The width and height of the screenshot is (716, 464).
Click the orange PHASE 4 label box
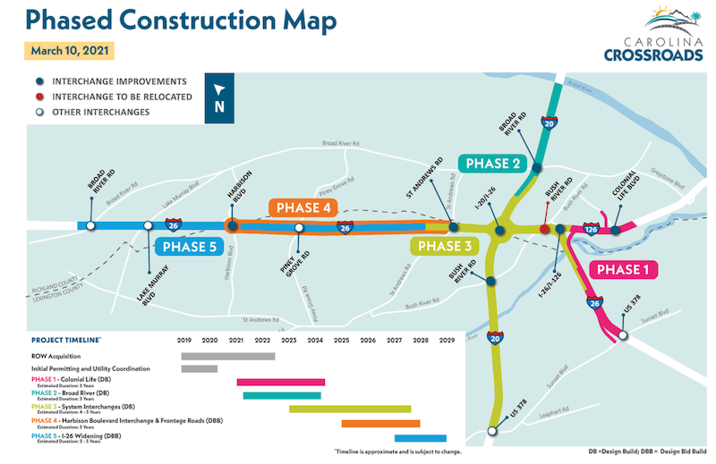[x=303, y=208]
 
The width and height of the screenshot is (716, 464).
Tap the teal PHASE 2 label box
[x=491, y=163]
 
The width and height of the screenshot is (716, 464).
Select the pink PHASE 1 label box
[x=625, y=269]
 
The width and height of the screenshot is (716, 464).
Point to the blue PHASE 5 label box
[x=188, y=247]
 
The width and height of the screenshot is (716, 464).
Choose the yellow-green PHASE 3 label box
[x=443, y=247]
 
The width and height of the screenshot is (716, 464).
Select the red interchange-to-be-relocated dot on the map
[x=545, y=230]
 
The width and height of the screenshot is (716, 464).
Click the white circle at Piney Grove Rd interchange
[x=299, y=228]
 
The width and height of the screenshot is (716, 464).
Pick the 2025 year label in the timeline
[x=341, y=341]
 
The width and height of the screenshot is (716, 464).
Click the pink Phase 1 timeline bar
[x=281, y=382]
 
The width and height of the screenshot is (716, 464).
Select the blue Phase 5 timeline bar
[x=420, y=438]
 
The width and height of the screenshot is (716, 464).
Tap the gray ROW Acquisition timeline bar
[x=227, y=356]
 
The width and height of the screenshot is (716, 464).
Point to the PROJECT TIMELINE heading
[x=66, y=341]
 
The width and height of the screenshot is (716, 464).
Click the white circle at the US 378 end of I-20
[x=491, y=431]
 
